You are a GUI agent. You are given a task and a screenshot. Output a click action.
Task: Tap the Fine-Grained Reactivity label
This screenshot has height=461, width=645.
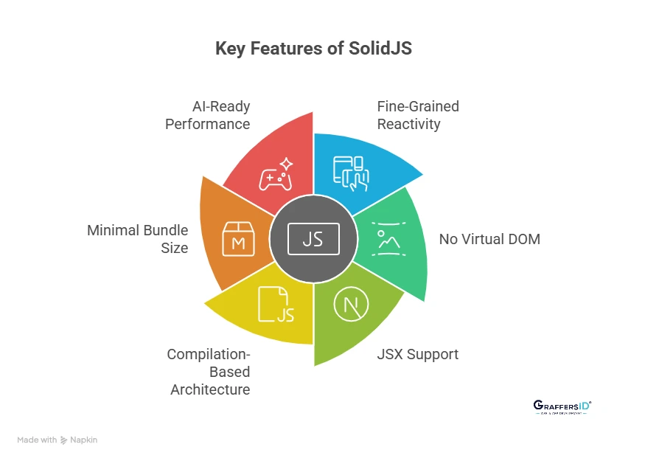(417, 115)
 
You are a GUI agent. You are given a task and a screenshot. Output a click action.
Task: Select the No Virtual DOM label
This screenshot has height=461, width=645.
(489, 239)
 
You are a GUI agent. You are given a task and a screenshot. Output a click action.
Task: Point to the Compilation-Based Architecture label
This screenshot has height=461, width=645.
(209, 372)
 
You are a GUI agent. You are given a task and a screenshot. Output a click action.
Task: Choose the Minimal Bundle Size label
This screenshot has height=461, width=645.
(137, 239)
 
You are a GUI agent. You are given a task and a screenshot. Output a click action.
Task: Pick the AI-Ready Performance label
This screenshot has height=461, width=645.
(207, 115)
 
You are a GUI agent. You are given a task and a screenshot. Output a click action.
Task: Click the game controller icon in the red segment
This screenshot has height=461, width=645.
(275, 176)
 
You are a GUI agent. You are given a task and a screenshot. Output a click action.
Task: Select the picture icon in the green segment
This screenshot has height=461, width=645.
(387, 238)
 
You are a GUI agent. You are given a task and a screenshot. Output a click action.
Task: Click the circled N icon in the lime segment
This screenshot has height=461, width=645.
(349, 305)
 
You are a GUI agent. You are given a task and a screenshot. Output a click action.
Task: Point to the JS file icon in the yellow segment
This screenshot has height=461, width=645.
(276, 305)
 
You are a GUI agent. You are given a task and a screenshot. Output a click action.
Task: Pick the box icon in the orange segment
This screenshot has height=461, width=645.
(238, 239)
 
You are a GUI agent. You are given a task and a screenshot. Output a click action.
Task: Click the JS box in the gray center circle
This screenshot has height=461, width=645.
(313, 239)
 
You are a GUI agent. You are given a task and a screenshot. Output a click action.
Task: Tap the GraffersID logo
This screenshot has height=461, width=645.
(562, 407)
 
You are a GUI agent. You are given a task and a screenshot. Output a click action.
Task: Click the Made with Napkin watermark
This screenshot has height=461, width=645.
(57, 440)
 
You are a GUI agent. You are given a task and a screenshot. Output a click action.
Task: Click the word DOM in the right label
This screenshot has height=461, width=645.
(524, 239)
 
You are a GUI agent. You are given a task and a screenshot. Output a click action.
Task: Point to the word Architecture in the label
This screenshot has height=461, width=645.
(209, 389)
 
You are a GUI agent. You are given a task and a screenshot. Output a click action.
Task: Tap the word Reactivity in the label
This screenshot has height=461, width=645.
(408, 124)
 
